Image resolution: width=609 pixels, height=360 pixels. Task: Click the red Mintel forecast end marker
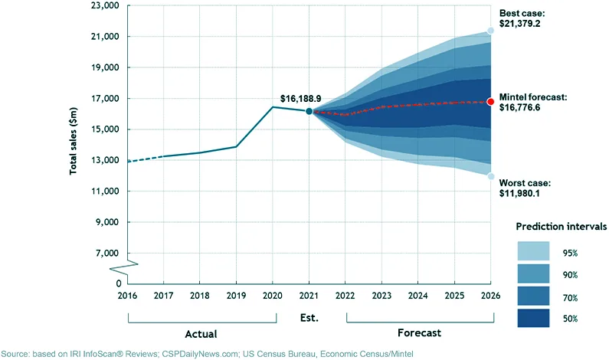pos(491,101)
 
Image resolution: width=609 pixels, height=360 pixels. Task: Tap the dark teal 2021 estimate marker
pos(309,111)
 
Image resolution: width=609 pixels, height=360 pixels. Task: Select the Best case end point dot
pos(491,31)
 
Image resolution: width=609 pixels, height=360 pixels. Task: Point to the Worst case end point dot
pos(491,176)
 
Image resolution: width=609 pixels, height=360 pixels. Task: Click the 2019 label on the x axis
pos(236,294)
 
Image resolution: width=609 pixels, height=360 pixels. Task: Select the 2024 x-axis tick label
pos(418,294)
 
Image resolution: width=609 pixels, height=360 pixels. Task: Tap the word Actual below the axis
pos(201,334)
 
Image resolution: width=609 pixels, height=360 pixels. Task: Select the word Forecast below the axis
pos(418,333)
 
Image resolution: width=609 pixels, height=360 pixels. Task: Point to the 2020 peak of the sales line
pos(273,106)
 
